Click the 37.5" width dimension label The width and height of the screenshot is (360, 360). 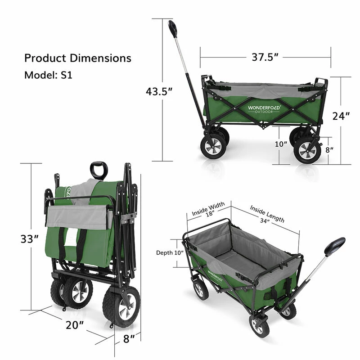265,57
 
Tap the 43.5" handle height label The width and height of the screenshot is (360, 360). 159,91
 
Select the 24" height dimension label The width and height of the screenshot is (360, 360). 341,116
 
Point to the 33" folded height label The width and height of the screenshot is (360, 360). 30,239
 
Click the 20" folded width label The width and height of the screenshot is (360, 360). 75,325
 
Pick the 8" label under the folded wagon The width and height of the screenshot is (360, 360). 129,339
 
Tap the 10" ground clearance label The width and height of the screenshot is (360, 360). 281,144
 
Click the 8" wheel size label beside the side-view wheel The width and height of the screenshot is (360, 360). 329,150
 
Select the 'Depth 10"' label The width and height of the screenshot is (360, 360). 170,252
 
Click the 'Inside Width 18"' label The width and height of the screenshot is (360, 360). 209,209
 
